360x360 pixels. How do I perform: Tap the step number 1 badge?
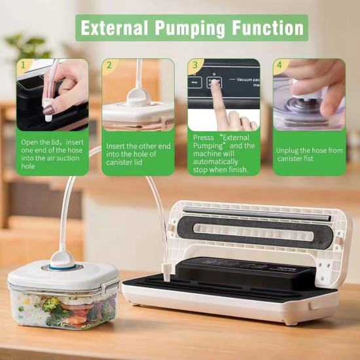24,65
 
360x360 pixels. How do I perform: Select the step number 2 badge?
109,65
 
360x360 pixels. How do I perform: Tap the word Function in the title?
265,27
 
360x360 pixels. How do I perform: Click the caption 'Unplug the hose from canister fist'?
309,154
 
